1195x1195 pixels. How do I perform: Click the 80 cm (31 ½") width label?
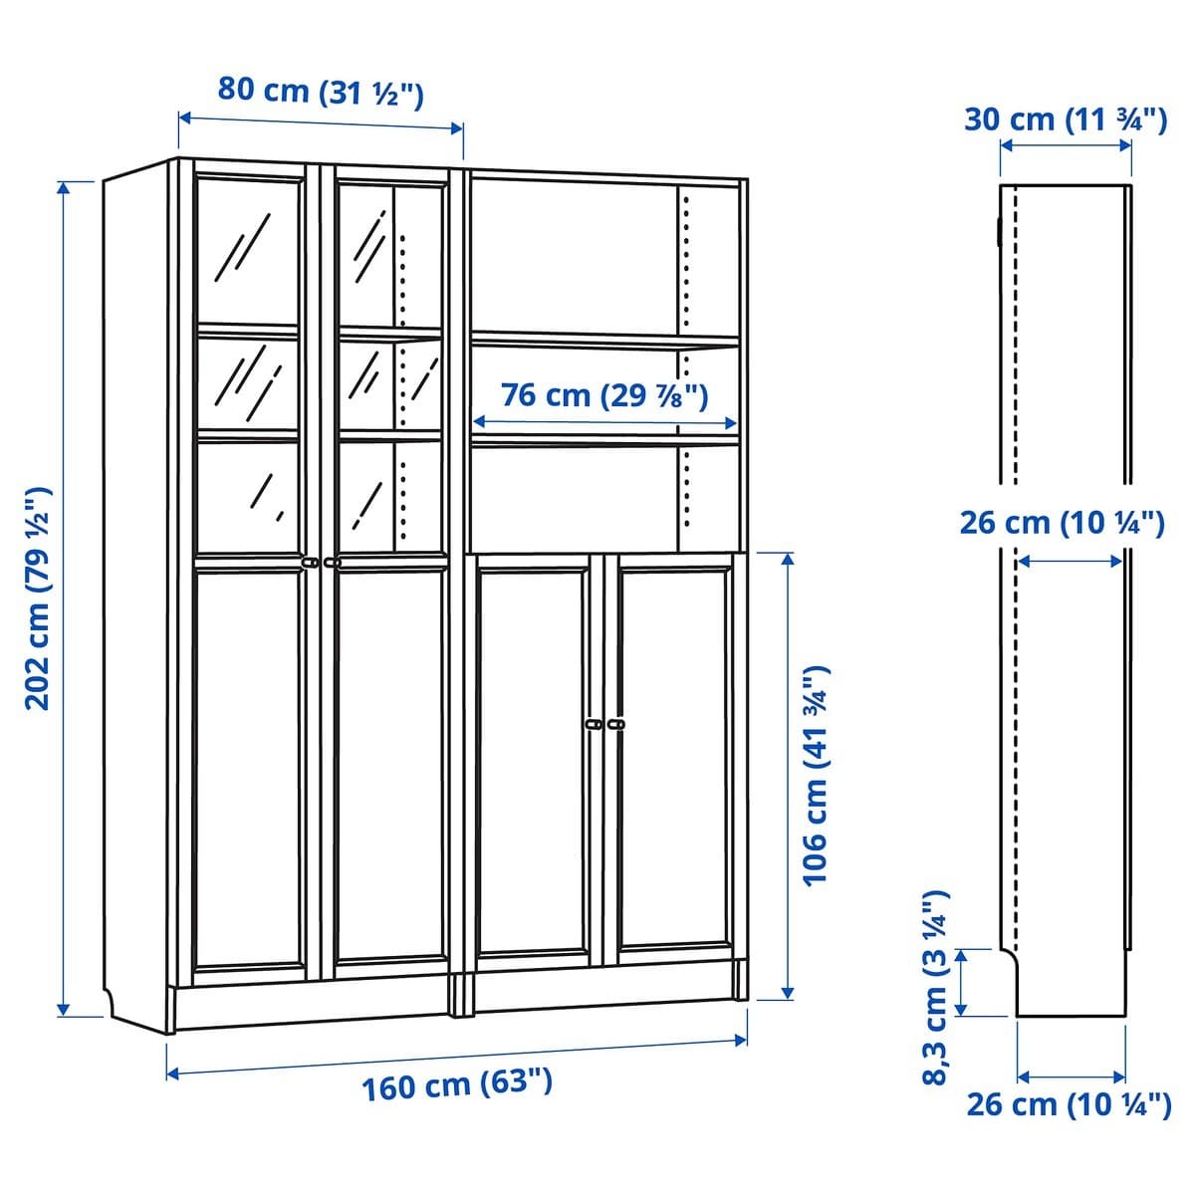321,92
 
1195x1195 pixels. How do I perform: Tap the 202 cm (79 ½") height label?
38,597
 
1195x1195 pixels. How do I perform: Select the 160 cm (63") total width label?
456,1083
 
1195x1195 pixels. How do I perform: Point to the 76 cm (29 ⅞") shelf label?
604,395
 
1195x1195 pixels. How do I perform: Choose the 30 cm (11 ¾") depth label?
1065,120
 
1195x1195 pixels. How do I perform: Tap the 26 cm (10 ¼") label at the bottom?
1069,1103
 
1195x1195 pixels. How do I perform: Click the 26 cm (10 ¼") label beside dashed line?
1062,522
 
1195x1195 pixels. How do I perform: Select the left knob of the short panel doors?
595,724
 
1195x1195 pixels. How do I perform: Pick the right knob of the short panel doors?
615,724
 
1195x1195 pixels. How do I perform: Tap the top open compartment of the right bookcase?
573,259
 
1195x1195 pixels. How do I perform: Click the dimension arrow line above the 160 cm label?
456,1056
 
